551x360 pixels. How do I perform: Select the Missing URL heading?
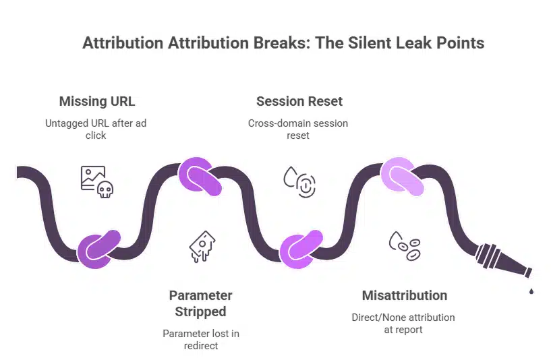97,101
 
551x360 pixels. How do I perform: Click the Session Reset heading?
299,101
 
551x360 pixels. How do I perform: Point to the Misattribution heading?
405,295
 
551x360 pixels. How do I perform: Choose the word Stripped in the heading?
201,312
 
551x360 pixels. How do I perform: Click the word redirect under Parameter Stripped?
201,346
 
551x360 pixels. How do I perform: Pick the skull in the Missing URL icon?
105,189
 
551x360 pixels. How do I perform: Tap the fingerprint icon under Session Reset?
306,185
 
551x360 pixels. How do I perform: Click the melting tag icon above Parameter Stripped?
202,247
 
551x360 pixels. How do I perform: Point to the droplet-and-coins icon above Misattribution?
405,246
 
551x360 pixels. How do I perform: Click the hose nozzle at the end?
503,260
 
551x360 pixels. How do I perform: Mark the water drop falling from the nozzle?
531,291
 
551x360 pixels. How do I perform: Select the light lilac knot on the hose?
402,176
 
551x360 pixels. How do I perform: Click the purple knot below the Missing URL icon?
98,249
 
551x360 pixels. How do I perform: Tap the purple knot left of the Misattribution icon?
301,249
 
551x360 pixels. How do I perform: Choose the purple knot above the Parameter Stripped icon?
200,176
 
